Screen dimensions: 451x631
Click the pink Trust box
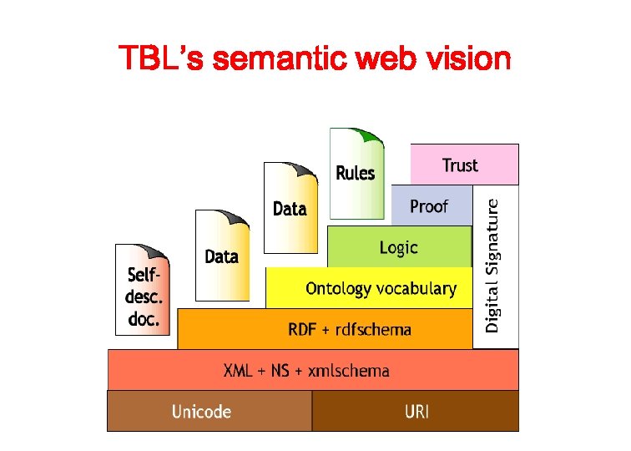click(464, 165)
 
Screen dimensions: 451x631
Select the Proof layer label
click(429, 206)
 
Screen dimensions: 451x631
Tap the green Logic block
click(398, 247)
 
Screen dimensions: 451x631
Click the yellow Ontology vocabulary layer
click(381, 289)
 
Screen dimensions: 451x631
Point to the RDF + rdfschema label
click(350, 329)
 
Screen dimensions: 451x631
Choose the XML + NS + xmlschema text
click(306, 370)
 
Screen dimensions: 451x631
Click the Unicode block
click(201, 411)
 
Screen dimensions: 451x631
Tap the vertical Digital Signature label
click(494, 265)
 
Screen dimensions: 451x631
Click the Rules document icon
click(356, 173)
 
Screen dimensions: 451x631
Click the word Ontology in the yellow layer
click(338, 289)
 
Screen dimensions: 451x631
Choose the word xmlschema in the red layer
click(349, 370)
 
